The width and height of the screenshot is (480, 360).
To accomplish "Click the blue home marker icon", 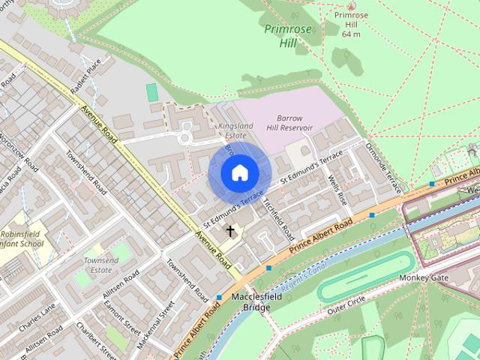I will click(239, 173).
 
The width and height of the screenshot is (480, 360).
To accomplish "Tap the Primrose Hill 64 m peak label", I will click(351, 24).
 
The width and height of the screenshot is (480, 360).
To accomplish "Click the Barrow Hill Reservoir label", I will click(289, 123).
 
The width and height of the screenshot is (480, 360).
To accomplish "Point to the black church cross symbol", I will click(229, 231).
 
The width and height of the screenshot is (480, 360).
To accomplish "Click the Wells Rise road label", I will click(337, 190).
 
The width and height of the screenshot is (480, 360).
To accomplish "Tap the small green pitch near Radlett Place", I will click(152, 93).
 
